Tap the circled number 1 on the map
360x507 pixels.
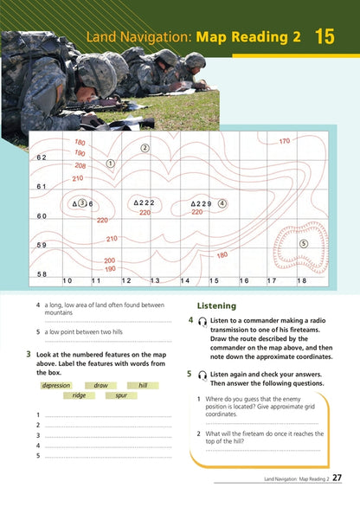(x=110, y=163)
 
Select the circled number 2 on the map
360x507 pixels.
(x=145, y=148)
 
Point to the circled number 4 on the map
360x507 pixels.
(x=222, y=203)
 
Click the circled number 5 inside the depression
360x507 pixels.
(x=303, y=244)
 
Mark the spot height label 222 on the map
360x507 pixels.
(x=145, y=202)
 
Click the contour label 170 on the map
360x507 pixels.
(x=284, y=141)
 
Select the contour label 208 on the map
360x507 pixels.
(x=80, y=165)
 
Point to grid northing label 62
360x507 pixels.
(x=42, y=157)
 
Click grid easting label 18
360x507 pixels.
(x=301, y=281)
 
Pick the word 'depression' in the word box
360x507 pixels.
(x=56, y=385)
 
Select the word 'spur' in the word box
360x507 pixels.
(x=120, y=395)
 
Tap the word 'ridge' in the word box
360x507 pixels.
(x=79, y=395)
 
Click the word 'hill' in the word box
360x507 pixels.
(x=143, y=385)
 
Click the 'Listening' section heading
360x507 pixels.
(x=216, y=306)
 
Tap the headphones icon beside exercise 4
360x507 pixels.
(x=202, y=321)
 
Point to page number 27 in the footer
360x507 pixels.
(x=337, y=478)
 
